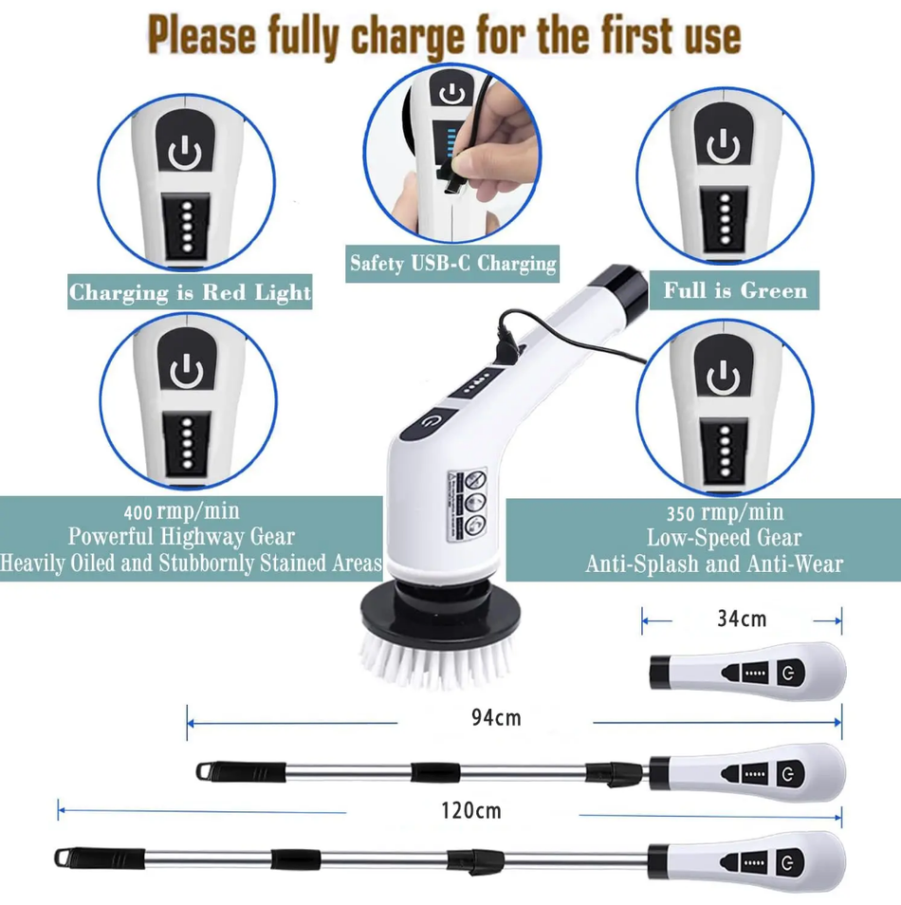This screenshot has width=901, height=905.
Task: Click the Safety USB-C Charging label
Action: tap(452, 263)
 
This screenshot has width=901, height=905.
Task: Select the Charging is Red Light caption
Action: tap(190, 292)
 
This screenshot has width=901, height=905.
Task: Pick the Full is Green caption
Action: tap(735, 290)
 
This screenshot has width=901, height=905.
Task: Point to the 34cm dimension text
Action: tap(741, 619)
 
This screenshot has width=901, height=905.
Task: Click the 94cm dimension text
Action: tap(495, 717)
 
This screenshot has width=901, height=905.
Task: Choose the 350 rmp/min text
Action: tap(724, 513)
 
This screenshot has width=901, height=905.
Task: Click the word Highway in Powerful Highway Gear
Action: tap(208, 537)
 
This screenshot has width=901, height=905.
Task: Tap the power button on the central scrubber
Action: tap(431, 418)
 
